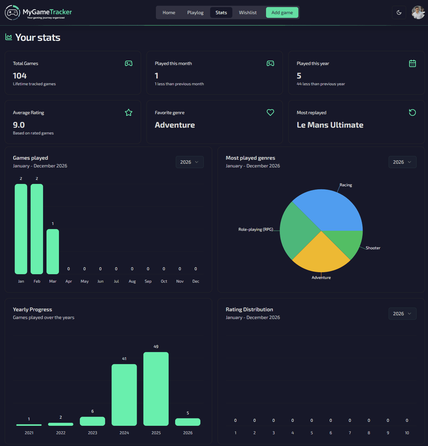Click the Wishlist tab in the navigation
[x=248, y=12]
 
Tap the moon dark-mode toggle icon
[x=399, y=12]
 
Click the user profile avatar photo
[x=418, y=12]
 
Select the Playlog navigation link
[x=195, y=12]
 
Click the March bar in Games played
[x=53, y=251]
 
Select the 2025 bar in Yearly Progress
[x=156, y=389]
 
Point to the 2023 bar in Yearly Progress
[x=92, y=421]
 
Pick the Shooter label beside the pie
[x=373, y=248]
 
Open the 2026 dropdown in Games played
[x=190, y=162]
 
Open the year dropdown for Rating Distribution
[x=402, y=314]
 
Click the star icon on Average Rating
[x=129, y=113]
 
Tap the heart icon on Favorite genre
[x=270, y=113]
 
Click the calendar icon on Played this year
[x=413, y=63]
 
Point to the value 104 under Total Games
[x=20, y=76]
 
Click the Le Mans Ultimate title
[x=330, y=125]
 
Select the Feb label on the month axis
[x=37, y=281]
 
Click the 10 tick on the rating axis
[x=407, y=433]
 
